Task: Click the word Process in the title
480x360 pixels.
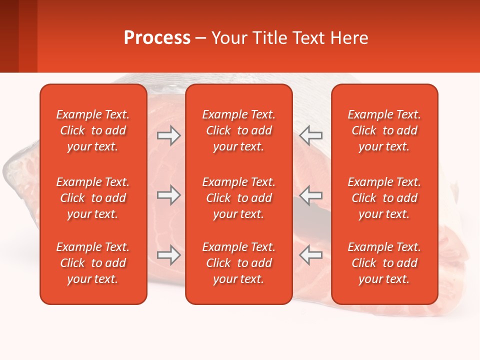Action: coord(156,38)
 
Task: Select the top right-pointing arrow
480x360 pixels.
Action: coord(168,135)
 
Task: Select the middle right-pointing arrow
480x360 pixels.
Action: coord(168,195)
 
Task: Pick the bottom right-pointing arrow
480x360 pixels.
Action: coord(168,255)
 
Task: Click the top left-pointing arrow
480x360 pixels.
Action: coord(311,135)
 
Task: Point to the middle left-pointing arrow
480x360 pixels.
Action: coord(311,195)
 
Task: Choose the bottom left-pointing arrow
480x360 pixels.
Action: coord(311,255)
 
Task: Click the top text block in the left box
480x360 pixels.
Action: coord(93,130)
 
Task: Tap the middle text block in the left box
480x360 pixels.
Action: coord(93,198)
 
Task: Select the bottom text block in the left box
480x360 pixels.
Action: coord(93,263)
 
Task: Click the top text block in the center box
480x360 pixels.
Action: coord(238,130)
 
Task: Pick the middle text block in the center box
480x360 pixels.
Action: coord(238,198)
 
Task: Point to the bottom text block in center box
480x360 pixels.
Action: coord(238,263)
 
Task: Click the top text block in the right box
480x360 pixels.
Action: coord(384,130)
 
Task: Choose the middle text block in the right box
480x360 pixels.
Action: coord(384,198)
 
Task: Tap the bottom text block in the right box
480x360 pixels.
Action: coord(384,263)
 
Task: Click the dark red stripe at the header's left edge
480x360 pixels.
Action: coord(9,36)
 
